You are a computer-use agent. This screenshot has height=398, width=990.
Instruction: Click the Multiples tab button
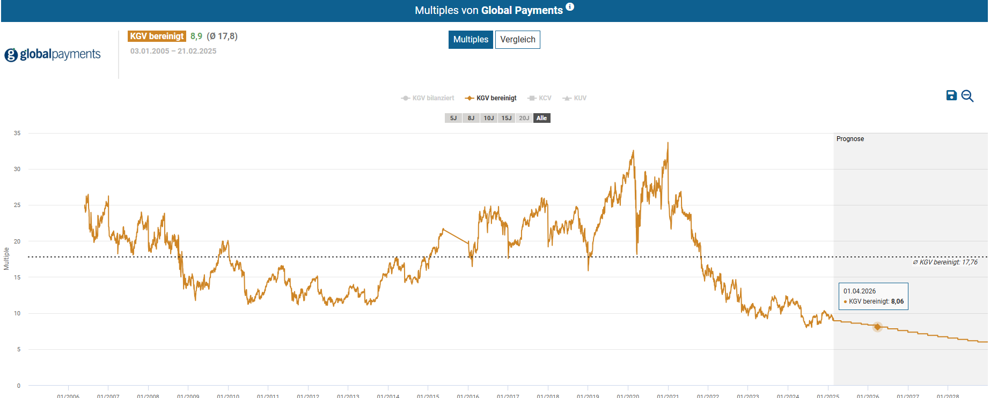coord(471,40)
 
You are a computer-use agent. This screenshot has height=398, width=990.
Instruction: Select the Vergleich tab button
coord(517,40)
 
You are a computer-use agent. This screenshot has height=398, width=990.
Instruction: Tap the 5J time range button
coord(453,118)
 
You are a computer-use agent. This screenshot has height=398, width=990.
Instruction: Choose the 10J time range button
coord(489,118)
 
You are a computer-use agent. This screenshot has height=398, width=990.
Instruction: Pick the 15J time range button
coord(507,118)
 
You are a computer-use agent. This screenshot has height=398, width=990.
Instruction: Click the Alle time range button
coord(542,118)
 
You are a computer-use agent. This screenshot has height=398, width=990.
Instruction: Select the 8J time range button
coord(471,118)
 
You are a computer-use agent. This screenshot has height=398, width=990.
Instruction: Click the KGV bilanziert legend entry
coord(428,98)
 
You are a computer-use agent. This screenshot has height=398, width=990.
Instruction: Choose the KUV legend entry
coord(575,98)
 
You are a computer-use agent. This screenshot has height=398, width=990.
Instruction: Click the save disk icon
coord(951,95)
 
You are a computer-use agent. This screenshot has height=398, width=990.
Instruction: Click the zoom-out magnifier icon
coord(967,96)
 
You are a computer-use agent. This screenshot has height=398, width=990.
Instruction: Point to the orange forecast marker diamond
coord(877,327)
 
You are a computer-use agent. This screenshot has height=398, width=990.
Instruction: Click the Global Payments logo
coord(53,54)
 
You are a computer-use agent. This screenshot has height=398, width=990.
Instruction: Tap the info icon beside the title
coord(570,7)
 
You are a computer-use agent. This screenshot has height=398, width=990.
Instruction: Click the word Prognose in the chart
coord(850,139)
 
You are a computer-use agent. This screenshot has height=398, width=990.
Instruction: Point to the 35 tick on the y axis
coord(17,133)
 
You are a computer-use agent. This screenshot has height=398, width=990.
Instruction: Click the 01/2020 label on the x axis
coord(628,396)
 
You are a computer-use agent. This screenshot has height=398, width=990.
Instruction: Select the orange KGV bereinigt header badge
coord(157,36)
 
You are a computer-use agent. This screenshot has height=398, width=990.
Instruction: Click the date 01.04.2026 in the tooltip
coord(860,291)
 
